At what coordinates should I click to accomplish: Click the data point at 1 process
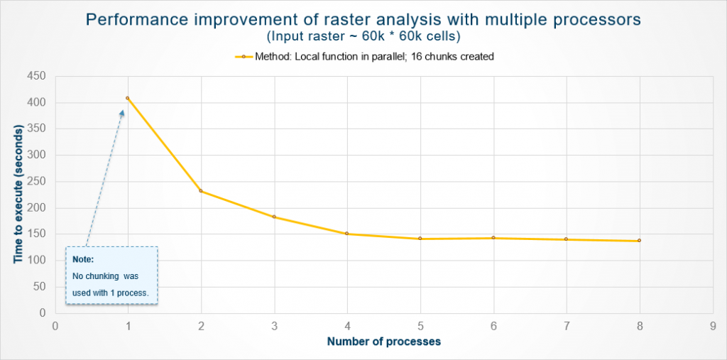128,98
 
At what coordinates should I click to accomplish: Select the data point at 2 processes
201,191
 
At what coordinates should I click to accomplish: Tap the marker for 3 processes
274,217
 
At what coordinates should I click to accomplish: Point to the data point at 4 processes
347,234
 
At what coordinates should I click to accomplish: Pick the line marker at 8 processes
639,241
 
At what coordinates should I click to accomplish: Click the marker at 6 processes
493,238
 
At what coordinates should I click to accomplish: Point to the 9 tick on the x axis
712,327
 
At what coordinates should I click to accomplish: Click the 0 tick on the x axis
55,327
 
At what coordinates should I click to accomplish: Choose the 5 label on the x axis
420,327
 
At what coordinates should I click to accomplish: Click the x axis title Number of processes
383,342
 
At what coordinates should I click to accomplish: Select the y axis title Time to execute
17,194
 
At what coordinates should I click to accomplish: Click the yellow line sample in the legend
243,57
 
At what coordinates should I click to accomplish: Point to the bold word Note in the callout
83,260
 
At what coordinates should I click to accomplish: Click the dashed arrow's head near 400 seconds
122,113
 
